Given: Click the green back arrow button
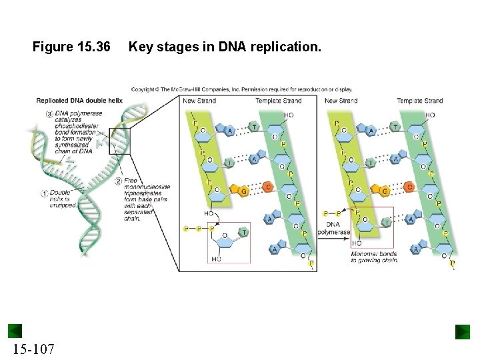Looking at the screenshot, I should [x=15, y=331].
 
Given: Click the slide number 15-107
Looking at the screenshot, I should [x=33, y=349].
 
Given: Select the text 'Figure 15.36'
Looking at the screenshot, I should [x=71, y=47].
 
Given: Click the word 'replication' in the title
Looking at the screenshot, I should [x=287, y=47].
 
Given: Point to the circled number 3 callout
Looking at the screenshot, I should [x=49, y=114].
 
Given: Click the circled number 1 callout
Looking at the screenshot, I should [x=44, y=194].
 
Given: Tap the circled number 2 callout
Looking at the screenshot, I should [x=118, y=181].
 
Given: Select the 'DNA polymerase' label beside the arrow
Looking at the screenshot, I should [x=333, y=228].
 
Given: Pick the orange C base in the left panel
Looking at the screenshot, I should [x=267, y=187].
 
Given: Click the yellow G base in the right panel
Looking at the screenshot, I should [x=385, y=191].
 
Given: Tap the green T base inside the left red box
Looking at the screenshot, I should [x=244, y=232].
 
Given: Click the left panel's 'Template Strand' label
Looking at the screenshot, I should [x=278, y=101].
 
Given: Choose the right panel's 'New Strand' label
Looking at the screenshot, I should [x=340, y=101].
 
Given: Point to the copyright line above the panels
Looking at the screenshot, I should [x=241, y=89].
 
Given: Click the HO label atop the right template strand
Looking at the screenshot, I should [x=430, y=115].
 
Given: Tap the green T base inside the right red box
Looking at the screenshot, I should [x=386, y=223].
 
